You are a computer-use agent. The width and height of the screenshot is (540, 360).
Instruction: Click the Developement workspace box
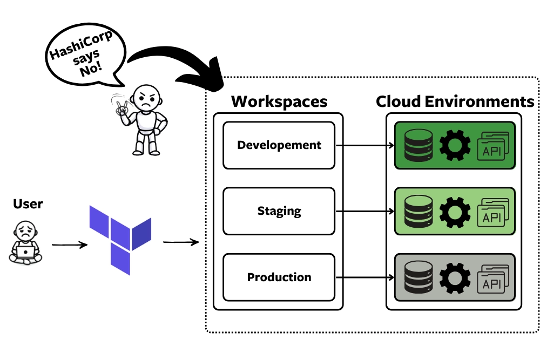(279, 145)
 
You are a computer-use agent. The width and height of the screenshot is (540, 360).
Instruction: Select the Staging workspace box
(279, 211)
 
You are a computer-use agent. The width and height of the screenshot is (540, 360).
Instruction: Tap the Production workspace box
(279, 277)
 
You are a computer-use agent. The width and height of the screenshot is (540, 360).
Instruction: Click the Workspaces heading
(279, 101)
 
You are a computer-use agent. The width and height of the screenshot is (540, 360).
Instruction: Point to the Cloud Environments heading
(455, 101)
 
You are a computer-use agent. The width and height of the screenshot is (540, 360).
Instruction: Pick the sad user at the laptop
(25, 243)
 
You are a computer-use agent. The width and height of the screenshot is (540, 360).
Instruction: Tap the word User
(28, 204)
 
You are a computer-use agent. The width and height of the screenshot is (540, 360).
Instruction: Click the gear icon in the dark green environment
(455, 145)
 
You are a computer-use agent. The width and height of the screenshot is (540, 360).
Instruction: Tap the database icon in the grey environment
(419, 277)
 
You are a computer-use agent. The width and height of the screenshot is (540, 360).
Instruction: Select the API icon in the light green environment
(492, 212)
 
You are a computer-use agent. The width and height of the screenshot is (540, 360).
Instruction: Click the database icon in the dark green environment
(419, 145)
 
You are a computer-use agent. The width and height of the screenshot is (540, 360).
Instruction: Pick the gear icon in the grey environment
(455, 277)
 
